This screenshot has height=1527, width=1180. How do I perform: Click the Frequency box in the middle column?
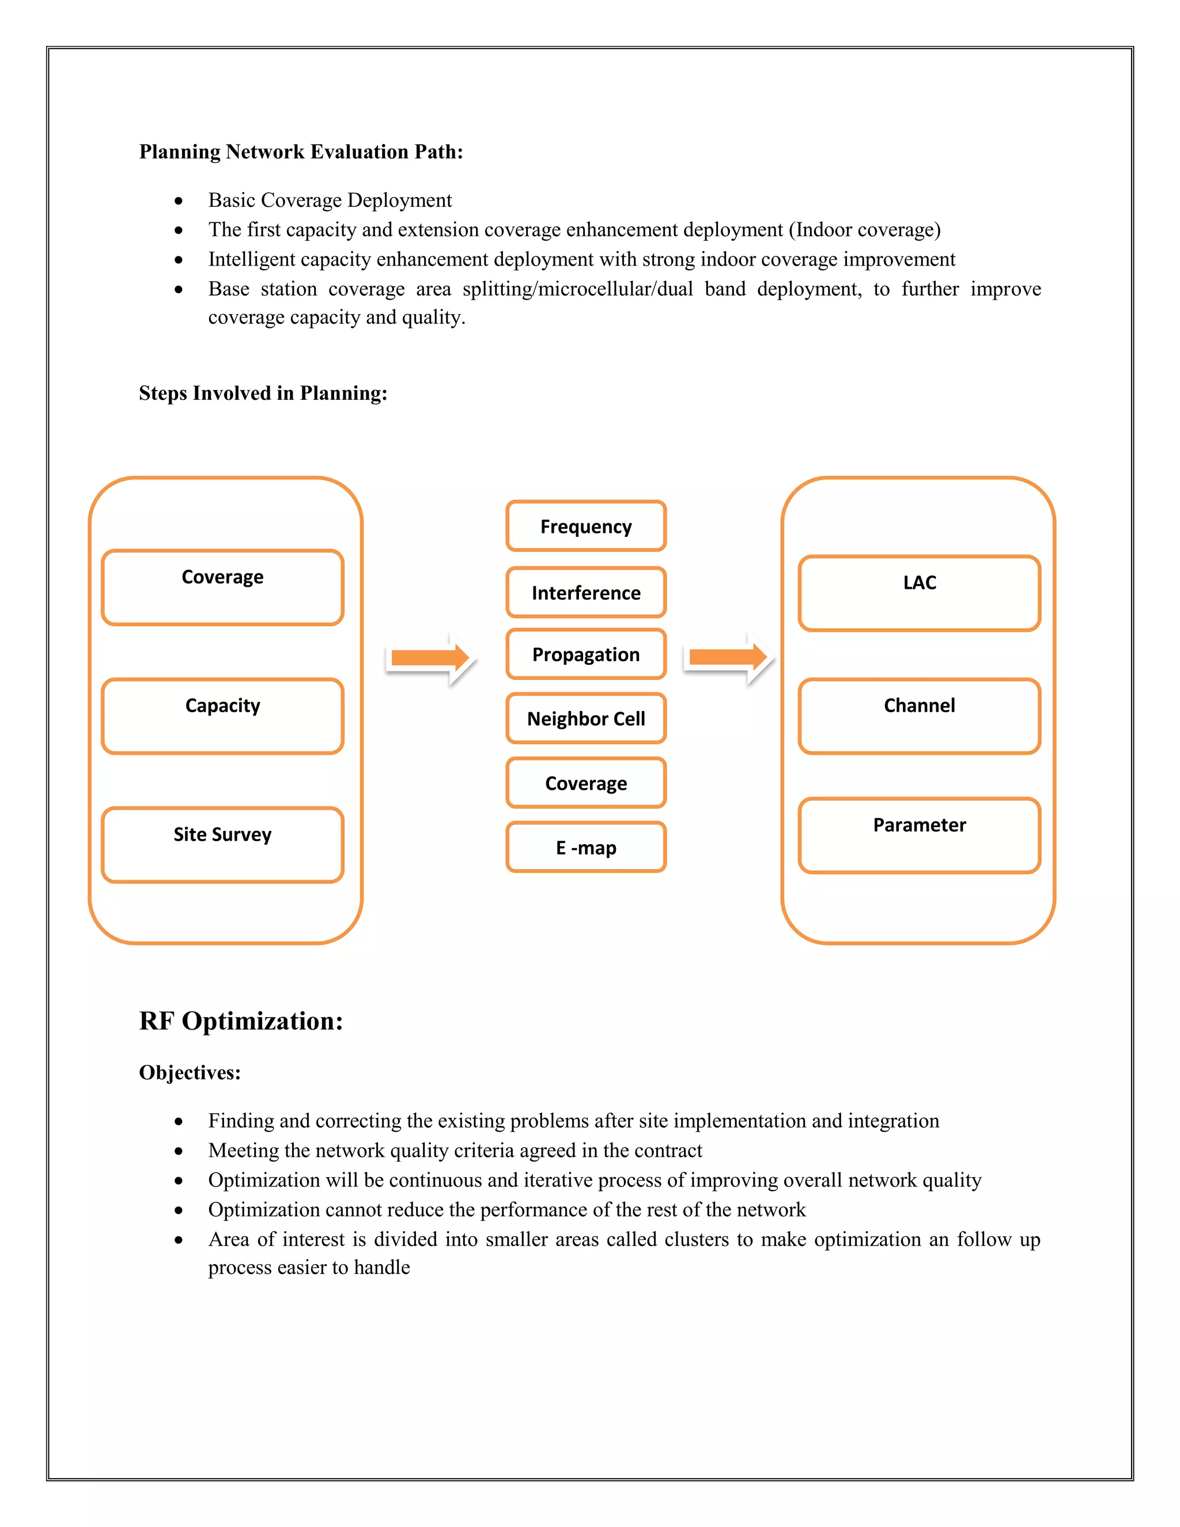tap(586, 526)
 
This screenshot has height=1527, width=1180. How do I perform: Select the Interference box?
tap(586, 592)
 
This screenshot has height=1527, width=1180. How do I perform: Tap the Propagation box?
tap(586, 655)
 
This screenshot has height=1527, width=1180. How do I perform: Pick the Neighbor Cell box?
tap(586, 719)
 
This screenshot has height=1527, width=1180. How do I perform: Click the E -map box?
tap(586, 848)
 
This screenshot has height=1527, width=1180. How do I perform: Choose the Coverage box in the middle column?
tap(586, 783)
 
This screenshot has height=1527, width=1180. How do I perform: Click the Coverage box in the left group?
tap(222, 587)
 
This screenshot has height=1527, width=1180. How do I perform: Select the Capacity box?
tap(222, 716)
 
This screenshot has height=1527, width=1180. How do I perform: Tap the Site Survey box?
tap(222, 845)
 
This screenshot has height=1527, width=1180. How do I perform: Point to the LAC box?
tap(919, 593)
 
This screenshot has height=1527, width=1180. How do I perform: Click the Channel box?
tap(919, 716)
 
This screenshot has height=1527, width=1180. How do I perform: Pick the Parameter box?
tap(919, 836)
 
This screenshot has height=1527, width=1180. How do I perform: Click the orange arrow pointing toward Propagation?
tap(430, 658)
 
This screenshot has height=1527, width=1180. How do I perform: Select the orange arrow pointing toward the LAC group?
tap(728, 657)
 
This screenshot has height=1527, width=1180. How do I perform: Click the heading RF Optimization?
tap(241, 1021)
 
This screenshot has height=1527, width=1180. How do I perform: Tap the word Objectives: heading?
tap(190, 1072)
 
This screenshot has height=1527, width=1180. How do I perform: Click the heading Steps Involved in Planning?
tap(263, 393)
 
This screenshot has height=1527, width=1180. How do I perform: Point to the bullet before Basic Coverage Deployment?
tap(179, 201)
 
